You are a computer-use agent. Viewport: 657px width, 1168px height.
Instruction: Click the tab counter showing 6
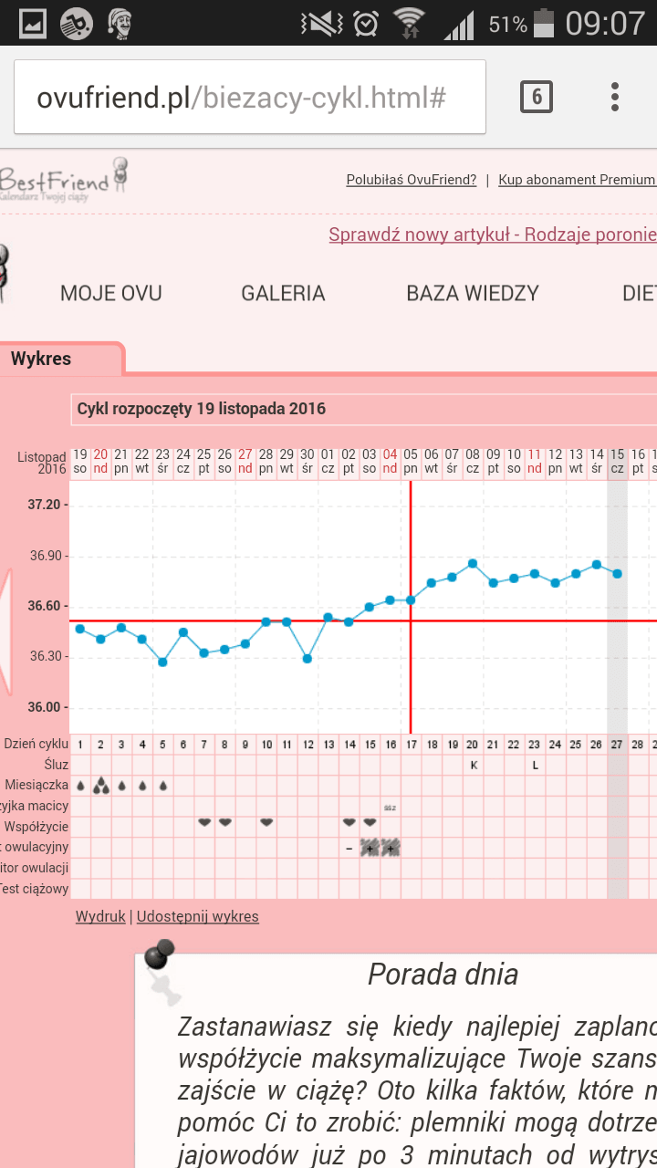click(x=537, y=97)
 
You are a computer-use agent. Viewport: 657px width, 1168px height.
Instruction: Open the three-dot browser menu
click(x=615, y=97)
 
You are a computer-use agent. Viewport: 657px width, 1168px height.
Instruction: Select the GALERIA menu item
click(x=283, y=293)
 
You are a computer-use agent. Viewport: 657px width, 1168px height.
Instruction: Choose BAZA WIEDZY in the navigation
click(x=473, y=293)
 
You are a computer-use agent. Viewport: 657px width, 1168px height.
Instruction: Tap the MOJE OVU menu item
click(x=111, y=293)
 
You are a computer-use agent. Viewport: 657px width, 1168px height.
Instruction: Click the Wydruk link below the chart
click(x=100, y=916)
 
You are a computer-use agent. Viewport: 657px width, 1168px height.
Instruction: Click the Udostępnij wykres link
click(x=197, y=916)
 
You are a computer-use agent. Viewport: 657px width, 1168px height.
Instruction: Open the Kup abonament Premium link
click(x=577, y=180)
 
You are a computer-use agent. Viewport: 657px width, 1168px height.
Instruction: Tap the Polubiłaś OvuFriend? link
click(x=412, y=180)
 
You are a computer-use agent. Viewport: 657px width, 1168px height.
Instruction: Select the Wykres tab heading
click(x=41, y=359)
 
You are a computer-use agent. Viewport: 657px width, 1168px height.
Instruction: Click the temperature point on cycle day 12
click(x=308, y=658)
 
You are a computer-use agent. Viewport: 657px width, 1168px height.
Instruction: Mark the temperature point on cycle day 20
click(x=473, y=563)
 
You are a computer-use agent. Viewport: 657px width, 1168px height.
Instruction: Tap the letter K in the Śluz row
click(x=474, y=765)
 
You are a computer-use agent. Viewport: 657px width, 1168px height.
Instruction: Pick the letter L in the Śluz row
click(x=536, y=765)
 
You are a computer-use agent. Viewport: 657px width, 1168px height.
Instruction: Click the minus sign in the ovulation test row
click(x=349, y=848)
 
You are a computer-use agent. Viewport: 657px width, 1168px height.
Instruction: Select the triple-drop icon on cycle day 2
click(x=100, y=786)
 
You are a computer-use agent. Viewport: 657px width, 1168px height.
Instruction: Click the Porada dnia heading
click(x=443, y=975)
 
